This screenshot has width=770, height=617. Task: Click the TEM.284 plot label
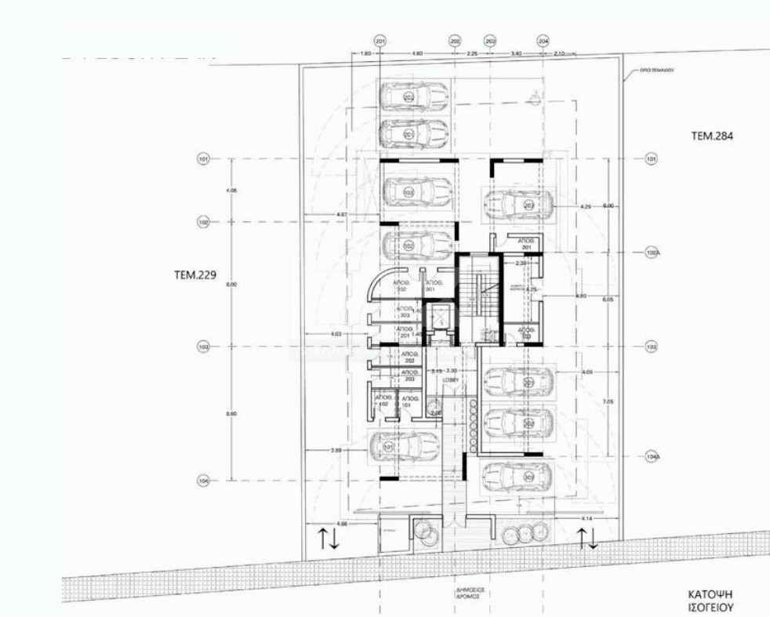711,136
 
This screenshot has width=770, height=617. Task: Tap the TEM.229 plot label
195,275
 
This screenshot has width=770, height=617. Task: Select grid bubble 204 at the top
543,41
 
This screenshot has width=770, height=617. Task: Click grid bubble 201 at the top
380,41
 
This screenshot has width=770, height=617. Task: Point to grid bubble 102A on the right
651,252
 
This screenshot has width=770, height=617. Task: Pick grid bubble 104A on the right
651,457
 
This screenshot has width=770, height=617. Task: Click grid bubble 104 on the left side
203,481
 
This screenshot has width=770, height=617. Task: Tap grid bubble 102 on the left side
203,223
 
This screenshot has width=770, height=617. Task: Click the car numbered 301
518,476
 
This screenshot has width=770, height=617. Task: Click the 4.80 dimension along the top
417,53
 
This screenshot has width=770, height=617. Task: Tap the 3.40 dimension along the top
515,53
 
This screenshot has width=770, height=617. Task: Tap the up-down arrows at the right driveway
587,538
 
